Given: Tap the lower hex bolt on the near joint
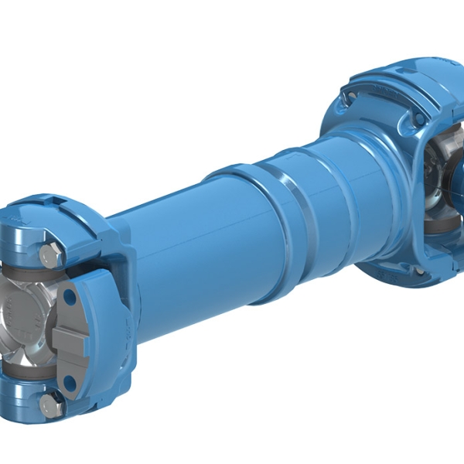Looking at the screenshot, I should (51, 402).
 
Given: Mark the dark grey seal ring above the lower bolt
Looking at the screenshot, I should (35, 375).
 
